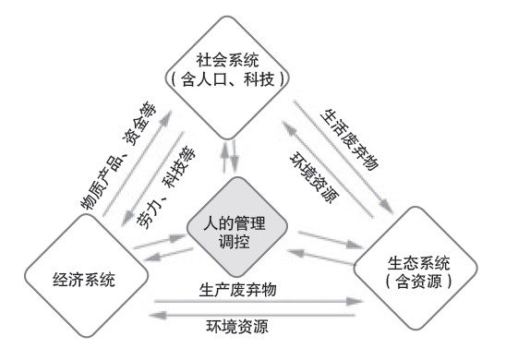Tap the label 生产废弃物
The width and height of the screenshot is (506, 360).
click(238, 289)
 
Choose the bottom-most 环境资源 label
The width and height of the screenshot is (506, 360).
click(238, 326)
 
